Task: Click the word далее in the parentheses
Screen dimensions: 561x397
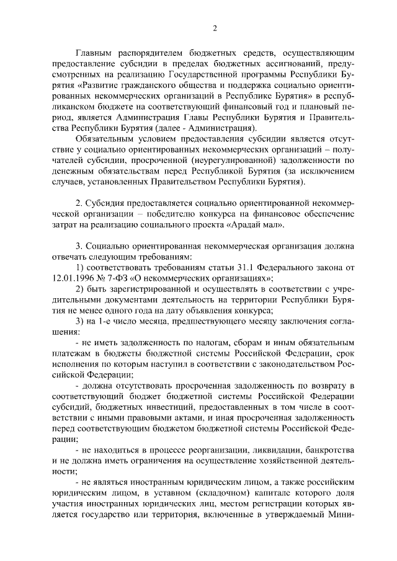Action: coord(184,128)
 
